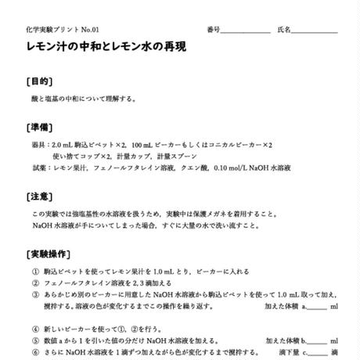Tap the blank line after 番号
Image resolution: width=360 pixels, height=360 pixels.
[x=244, y=31]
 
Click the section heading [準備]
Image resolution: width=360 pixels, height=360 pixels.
[x=40, y=128]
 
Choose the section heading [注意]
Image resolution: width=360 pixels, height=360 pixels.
[x=40, y=196]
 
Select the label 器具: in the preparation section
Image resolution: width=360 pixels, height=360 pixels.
[x=40, y=145]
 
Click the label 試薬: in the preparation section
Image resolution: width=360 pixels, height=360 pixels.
[x=40, y=167]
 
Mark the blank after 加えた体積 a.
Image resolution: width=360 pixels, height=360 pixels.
[x=317, y=308]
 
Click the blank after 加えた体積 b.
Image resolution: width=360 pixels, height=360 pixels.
[x=317, y=341]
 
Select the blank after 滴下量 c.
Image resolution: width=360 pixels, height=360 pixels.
[x=317, y=353]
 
